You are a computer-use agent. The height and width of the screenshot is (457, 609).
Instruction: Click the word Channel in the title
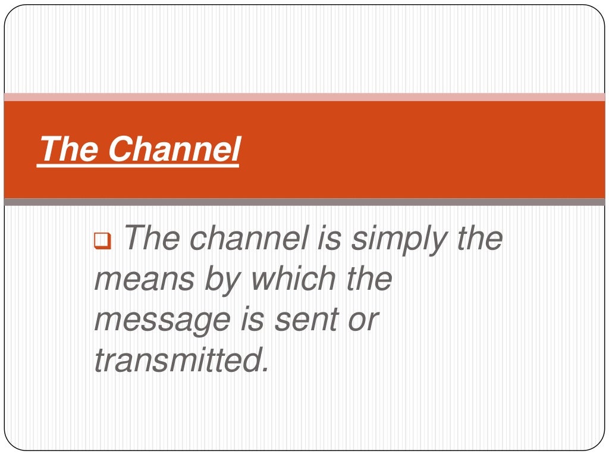pyautogui.click(x=174, y=149)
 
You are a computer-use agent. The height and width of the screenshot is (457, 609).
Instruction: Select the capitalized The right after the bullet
pyautogui.click(x=152, y=239)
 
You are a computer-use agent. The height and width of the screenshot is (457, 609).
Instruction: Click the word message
pyautogui.click(x=162, y=320)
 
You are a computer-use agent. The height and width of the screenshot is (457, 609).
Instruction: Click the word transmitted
pyautogui.click(x=181, y=359)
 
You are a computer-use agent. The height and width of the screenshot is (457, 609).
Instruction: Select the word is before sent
pyautogui.click(x=250, y=319)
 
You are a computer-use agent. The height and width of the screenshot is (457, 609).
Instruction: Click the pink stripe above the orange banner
pyautogui.click(x=304, y=97)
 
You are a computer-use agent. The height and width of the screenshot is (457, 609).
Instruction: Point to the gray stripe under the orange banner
pyautogui.click(x=304, y=202)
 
